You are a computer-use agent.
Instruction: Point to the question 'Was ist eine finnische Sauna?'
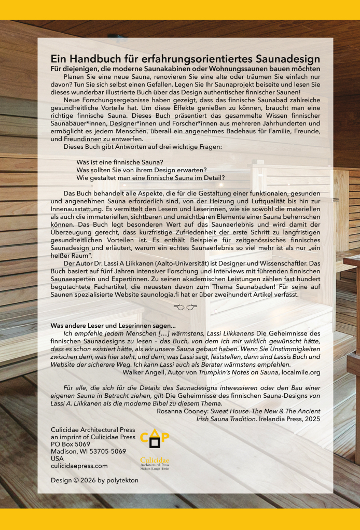click(x=120, y=162)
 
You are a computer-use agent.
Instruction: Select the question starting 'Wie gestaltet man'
click(x=150, y=177)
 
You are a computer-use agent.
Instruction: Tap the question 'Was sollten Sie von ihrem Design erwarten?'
click(x=142, y=170)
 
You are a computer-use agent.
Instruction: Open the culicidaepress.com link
click(x=79, y=466)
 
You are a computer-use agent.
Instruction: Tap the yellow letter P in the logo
click(x=165, y=436)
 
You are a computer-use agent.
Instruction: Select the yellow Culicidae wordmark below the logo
click(x=155, y=460)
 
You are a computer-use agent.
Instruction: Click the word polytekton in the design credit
click(x=120, y=480)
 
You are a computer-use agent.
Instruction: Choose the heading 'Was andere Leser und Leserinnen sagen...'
click(x=113, y=325)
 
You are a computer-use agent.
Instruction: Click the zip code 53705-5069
click(x=106, y=451)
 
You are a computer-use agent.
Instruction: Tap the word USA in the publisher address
click(x=57, y=458)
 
